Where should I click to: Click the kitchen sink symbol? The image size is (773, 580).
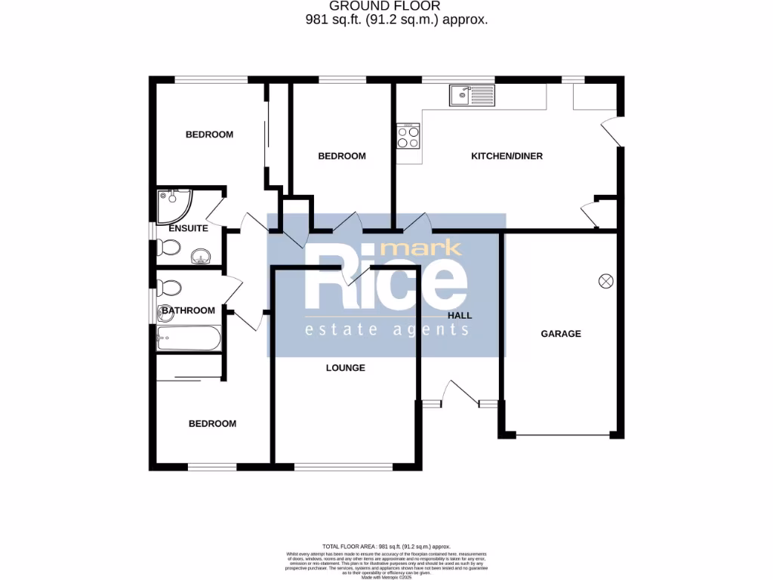[471, 96]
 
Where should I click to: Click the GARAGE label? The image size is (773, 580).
[560, 333]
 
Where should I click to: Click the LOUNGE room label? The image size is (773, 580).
[345, 368]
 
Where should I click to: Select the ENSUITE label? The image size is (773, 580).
[188, 227]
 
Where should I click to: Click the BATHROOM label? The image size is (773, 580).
[188, 310]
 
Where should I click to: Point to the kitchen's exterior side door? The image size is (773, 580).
[612, 132]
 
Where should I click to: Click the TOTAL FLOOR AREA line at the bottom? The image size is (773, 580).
[386, 545]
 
